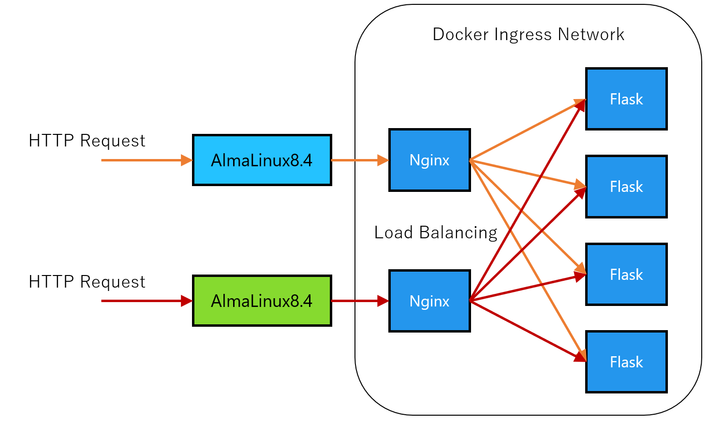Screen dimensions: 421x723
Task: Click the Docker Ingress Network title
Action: point(528,35)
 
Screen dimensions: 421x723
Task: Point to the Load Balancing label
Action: point(435,232)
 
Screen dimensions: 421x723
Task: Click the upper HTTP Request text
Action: point(87,141)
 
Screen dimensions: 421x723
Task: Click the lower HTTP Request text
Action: point(87,282)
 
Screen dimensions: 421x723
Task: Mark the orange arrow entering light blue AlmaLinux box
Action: point(145,160)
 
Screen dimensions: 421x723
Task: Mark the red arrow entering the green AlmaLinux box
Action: point(145,301)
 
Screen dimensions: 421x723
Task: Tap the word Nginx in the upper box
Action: point(429,160)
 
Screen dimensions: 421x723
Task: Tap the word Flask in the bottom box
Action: point(626,363)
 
